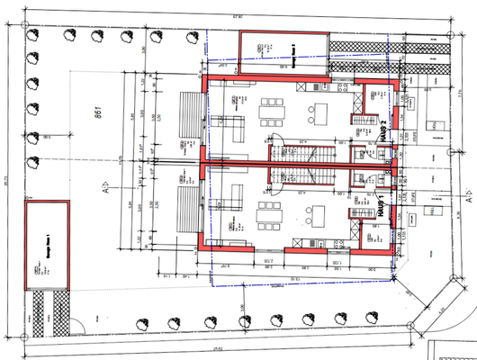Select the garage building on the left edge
point(48,247)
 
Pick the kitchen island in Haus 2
point(320,112)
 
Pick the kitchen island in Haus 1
point(320,216)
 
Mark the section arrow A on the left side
point(105,190)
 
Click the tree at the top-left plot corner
point(34,35)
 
